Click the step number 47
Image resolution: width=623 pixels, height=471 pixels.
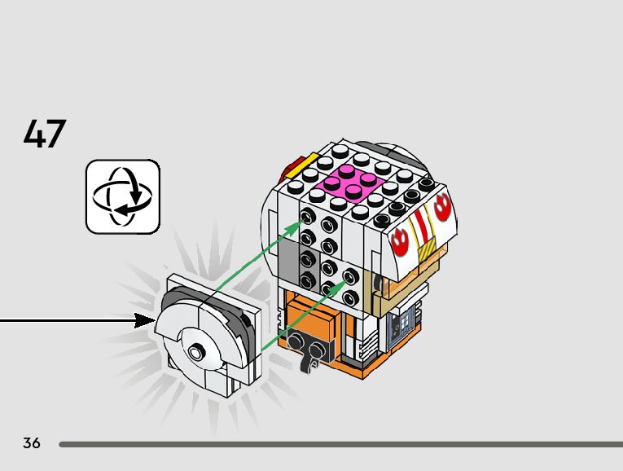[x=45, y=134]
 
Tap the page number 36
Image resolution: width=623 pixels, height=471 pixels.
[x=32, y=443]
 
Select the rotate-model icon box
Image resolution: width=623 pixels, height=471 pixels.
[x=123, y=196]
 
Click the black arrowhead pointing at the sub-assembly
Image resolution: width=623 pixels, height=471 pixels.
[x=145, y=320]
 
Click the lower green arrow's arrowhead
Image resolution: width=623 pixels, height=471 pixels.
[x=343, y=279]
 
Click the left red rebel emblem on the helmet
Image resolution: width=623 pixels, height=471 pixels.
[x=400, y=240]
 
